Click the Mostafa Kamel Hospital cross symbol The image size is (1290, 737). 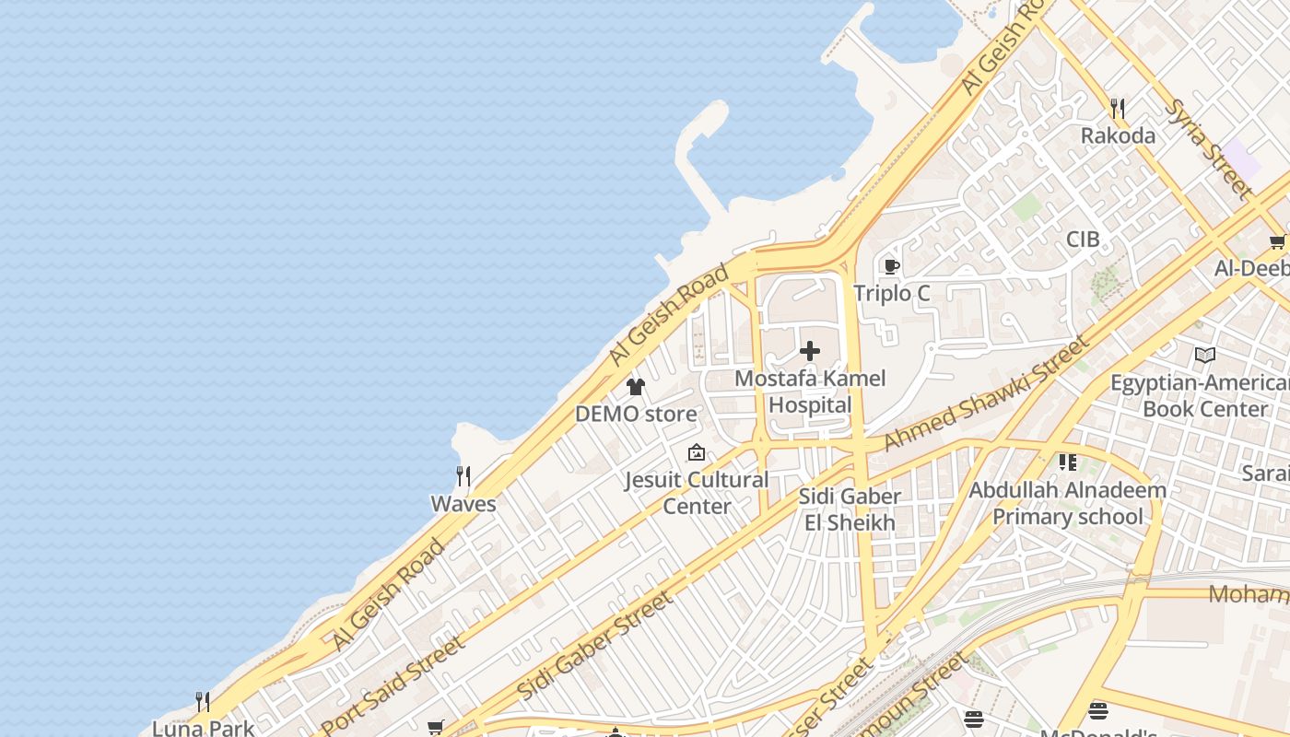pyautogui.click(x=810, y=351)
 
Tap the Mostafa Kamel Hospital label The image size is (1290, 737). pyautogui.click(x=810, y=392)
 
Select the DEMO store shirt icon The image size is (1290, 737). pyautogui.click(x=636, y=387)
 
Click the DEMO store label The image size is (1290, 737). pyautogui.click(x=636, y=414)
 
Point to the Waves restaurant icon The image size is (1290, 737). pyautogui.click(x=463, y=476)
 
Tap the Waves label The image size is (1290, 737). pyautogui.click(x=463, y=504)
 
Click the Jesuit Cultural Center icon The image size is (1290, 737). pyautogui.click(x=697, y=452)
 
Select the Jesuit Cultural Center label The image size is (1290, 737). pyautogui.click(x=697, y=493)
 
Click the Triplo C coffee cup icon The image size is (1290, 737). pyautogui.click(x=891, y=267)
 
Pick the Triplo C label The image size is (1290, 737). pyautogui.click(x=891, y=293)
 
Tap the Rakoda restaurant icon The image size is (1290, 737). pyautogui.click(x=1118, y=109)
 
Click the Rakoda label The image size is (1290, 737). pyautogui.click(x=1118, y=135)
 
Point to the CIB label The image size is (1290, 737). pyautogui.click(x=1083, y=239)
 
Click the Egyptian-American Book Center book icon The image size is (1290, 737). pyautogui.click(x=1204, y=355)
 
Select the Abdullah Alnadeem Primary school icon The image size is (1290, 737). pyautogui.click(x=1068, y=462)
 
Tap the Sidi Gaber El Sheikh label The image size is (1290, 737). pyautogui.click(x=849, y=509)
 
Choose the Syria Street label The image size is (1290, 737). pyautogui.click(x=1207, y=147)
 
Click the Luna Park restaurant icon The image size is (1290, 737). pyautogui.click(x=203, y=702)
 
